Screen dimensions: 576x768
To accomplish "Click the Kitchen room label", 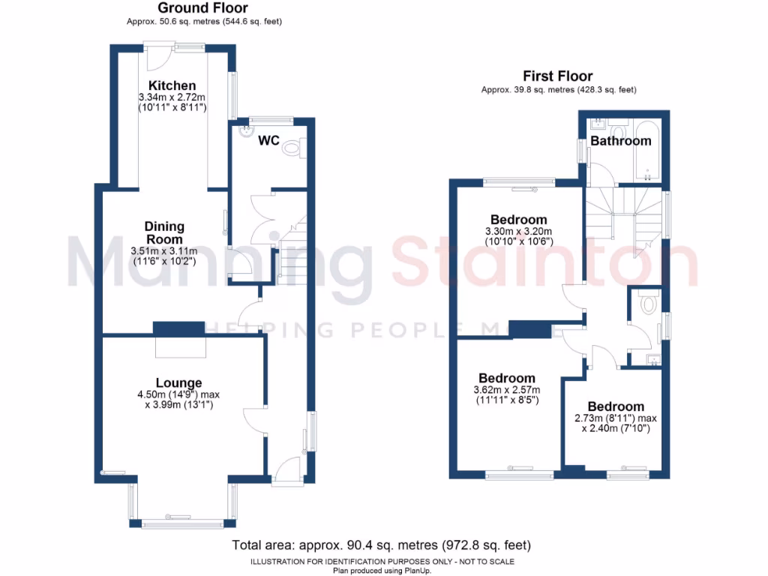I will (x=172, y=85).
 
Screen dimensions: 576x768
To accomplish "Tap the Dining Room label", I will (x=164, y=232).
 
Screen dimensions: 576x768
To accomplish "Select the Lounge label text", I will (x=178, y=383).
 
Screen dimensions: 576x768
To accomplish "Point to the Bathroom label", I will (x=620, y=141).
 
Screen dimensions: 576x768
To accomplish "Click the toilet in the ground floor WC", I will (x=292, y=149).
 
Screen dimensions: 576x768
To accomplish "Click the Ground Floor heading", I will (x=202, y=8).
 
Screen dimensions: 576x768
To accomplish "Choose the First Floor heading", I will (x=558, y=76).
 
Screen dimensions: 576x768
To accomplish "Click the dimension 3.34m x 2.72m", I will (x=172, y=97).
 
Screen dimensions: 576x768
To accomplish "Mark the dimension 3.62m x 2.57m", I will (x=507, y=389).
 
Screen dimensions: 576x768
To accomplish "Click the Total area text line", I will (x=382, y=545).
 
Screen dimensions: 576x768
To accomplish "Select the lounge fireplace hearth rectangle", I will (x=179, y=348).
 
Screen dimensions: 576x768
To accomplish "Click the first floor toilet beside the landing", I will (x=649, y=302).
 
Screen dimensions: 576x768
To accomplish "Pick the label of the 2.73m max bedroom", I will (x=616, y=406).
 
